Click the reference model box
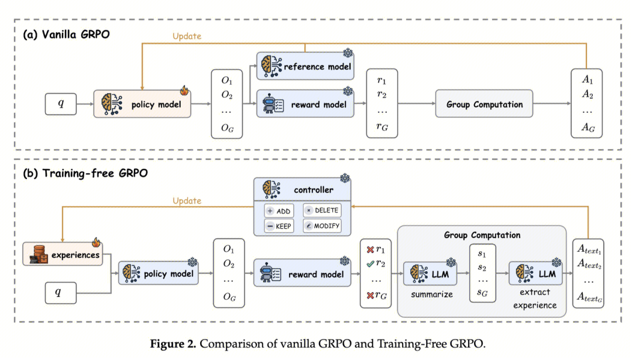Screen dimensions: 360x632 (305, 67)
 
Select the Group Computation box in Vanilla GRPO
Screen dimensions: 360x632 (484, 105)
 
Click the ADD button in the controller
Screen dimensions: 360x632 (278, 211)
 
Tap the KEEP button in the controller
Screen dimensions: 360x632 (278, 226)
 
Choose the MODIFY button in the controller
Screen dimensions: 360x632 (321, 226)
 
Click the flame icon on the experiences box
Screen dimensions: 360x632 (96, 242)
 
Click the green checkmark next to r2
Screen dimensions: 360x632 (370, 263)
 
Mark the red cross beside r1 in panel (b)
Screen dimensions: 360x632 (370, 250)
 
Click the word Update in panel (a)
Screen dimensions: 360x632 (187, 36)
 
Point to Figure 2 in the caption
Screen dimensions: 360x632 (173, 344)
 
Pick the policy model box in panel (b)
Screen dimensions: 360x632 (157, 273)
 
